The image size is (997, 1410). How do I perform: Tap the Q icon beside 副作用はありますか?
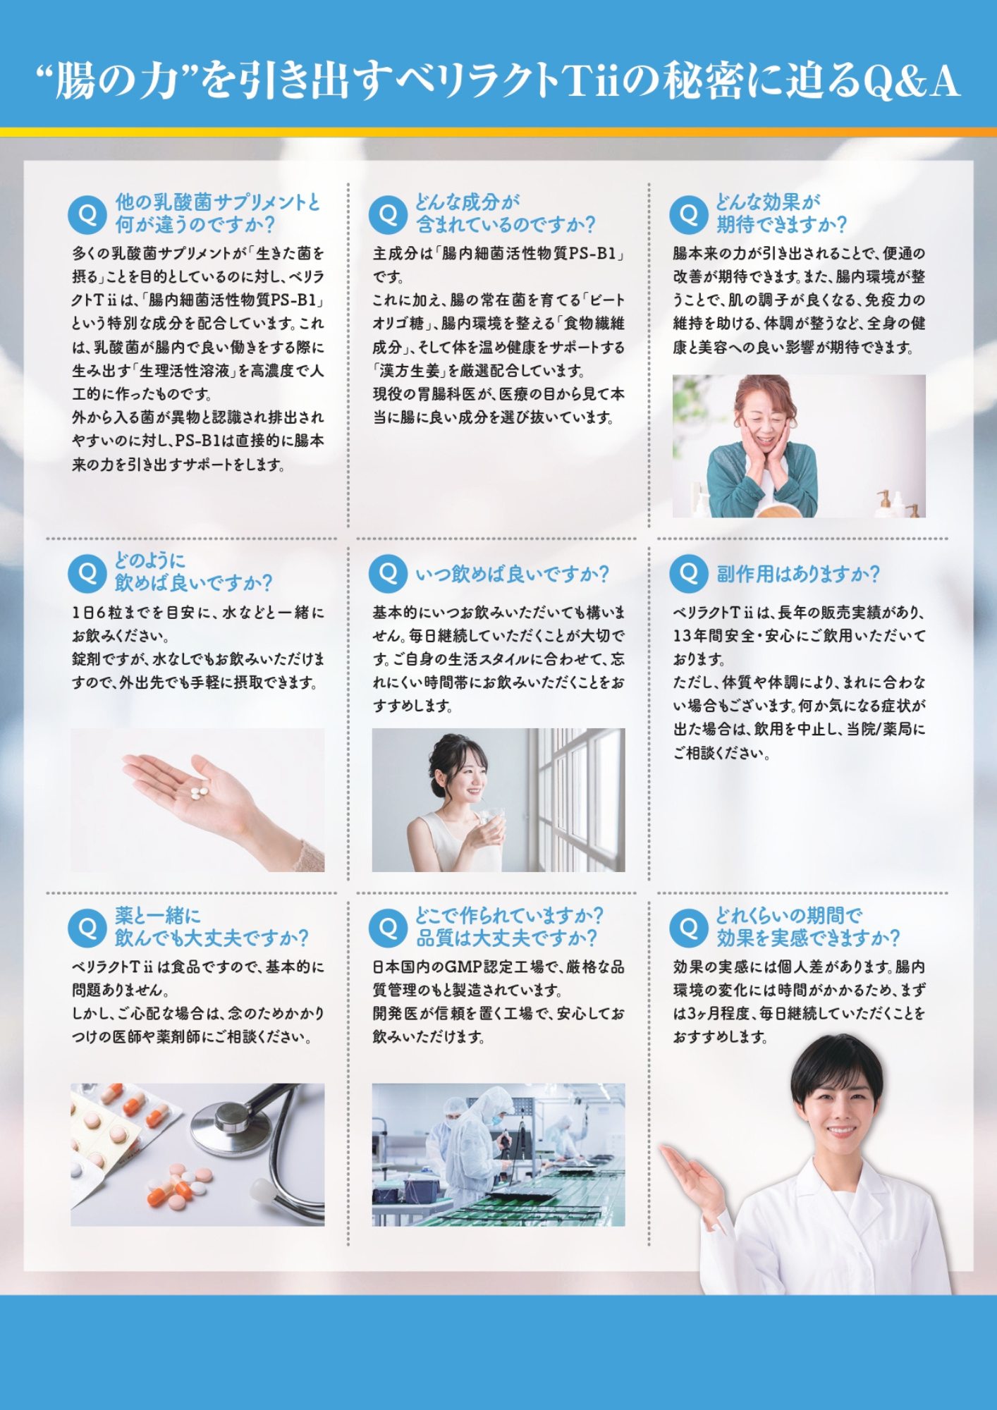coord(689,573)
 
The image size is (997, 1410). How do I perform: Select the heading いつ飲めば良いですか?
coord(512,574)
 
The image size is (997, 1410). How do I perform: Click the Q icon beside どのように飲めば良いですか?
coord(87,573)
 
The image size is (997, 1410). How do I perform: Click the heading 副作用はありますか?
coord(798,574)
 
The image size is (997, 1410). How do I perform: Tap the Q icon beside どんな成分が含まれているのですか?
coord(388,214)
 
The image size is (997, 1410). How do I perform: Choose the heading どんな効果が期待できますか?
coord(781,214)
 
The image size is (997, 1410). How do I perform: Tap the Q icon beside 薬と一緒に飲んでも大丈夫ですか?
coord(87,928)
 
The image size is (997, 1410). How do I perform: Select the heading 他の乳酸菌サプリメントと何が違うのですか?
coord(218,214)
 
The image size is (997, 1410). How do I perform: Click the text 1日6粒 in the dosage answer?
coord(98,613)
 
